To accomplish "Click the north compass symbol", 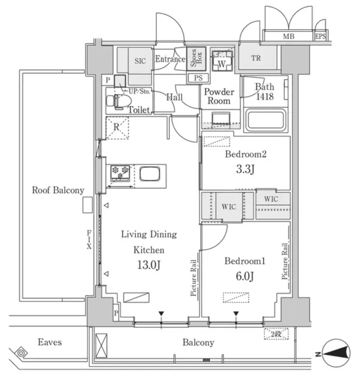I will coord(338,353).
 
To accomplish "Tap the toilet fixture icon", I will coord(120,101).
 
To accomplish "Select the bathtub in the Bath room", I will coord(266,121).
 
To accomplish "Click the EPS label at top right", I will coord(320,37).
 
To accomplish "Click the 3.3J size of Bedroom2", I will coord(245,169).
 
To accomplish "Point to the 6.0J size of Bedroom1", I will coord(245,276).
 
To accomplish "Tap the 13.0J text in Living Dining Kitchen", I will coord(148,265).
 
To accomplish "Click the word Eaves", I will coord(50,342).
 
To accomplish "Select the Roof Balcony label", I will coord(58,190).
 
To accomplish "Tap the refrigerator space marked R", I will coord(117,128).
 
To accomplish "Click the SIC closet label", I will coord(140,61).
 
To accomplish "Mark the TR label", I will coord(256,58).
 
